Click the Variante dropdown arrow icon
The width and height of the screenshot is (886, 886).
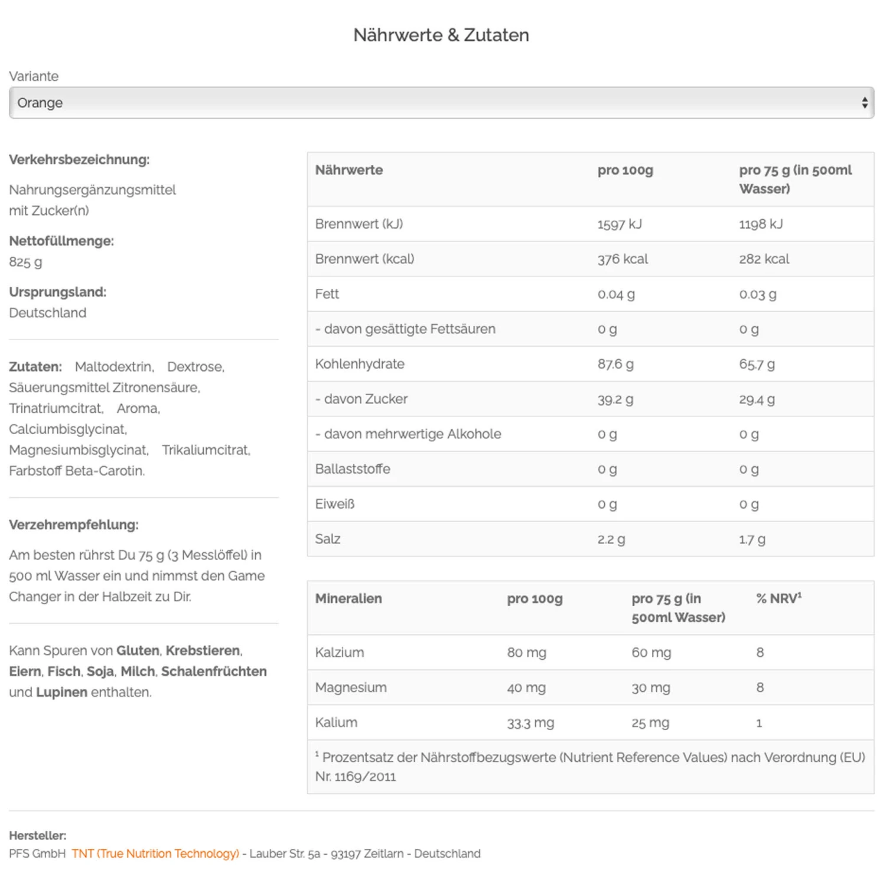pos(864,103)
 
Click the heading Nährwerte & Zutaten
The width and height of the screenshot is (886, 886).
pos(441,35)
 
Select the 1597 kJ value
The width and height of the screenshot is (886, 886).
pos(619,224)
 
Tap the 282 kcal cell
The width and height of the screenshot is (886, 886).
pos(764,259)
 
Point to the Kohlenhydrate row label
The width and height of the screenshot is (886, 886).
pos(360,364)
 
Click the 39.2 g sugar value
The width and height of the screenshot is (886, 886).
pos(615,399)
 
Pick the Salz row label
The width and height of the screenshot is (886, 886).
pos(328,539)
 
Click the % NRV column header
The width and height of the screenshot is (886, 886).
pos(778,598)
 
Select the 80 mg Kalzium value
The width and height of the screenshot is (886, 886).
pos(526,653)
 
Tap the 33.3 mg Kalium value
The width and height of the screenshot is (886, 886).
pos(530,722)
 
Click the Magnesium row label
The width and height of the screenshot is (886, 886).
pos(351,688)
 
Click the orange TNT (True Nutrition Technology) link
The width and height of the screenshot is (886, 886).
pos(155,854)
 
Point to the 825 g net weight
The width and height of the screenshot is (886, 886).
pos(25,262)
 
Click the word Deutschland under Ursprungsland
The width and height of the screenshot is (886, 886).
pos(47,312)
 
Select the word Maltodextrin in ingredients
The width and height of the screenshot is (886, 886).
pos(115,367)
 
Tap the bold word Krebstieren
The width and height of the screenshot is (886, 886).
pos(203,650)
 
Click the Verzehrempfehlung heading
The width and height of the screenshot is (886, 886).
pos(74,525)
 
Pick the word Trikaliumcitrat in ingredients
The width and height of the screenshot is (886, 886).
pos(206,450)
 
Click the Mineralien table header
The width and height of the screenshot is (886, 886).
pos(348,598)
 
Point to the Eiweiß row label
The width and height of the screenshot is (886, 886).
pos(335,504)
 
